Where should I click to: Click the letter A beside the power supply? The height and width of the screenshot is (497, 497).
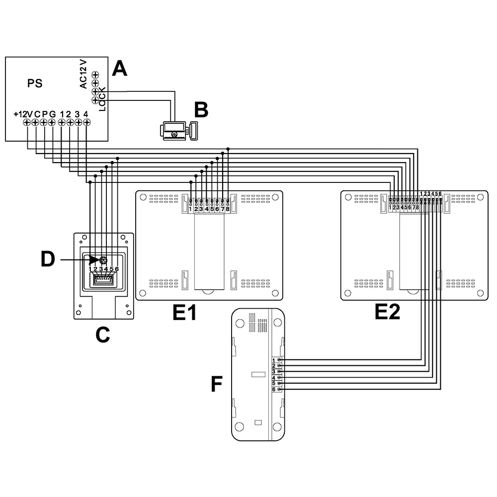pos(119,68)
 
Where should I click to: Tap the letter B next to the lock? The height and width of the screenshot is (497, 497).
pos(201,110)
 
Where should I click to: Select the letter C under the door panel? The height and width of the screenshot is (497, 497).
pos(102,335)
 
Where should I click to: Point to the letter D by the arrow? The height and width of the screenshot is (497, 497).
pos(48,259)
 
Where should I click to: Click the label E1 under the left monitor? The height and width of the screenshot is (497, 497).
pos(184,313)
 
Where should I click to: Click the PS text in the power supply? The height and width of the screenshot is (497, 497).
pos(35,83)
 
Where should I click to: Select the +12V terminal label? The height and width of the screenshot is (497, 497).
pos(23,114)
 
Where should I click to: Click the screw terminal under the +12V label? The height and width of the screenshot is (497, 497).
pos(28,122)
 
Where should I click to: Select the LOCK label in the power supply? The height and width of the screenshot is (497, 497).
pos(102,98)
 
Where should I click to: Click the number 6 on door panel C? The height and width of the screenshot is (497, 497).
pos(117,269)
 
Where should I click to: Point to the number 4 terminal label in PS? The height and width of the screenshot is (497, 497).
pos(86,114)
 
